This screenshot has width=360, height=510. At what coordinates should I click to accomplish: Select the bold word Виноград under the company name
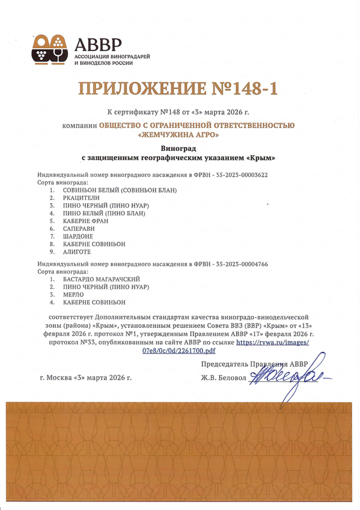click(x=179, y=148)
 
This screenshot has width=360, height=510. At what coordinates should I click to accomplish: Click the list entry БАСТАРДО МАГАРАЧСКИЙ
click(x=102, y=279)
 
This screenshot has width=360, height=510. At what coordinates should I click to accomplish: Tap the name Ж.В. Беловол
click(x=224, y=378)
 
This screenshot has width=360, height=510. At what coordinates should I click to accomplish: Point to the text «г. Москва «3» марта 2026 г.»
click(x=85, y=378)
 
